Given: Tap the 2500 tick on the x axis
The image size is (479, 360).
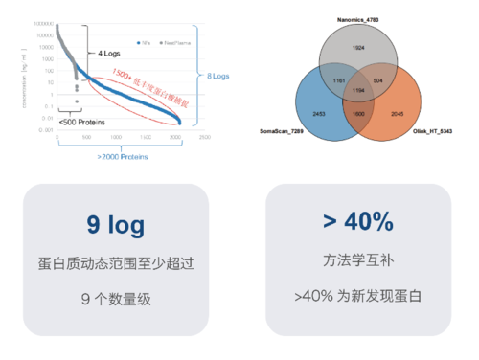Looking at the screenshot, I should point(203,137).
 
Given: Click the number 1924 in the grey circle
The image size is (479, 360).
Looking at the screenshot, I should point(358,46).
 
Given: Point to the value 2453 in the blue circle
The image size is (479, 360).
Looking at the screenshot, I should point(320,113).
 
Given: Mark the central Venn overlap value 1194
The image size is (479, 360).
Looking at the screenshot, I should point(357,89).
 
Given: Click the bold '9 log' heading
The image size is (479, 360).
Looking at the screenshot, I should point(115,226).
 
